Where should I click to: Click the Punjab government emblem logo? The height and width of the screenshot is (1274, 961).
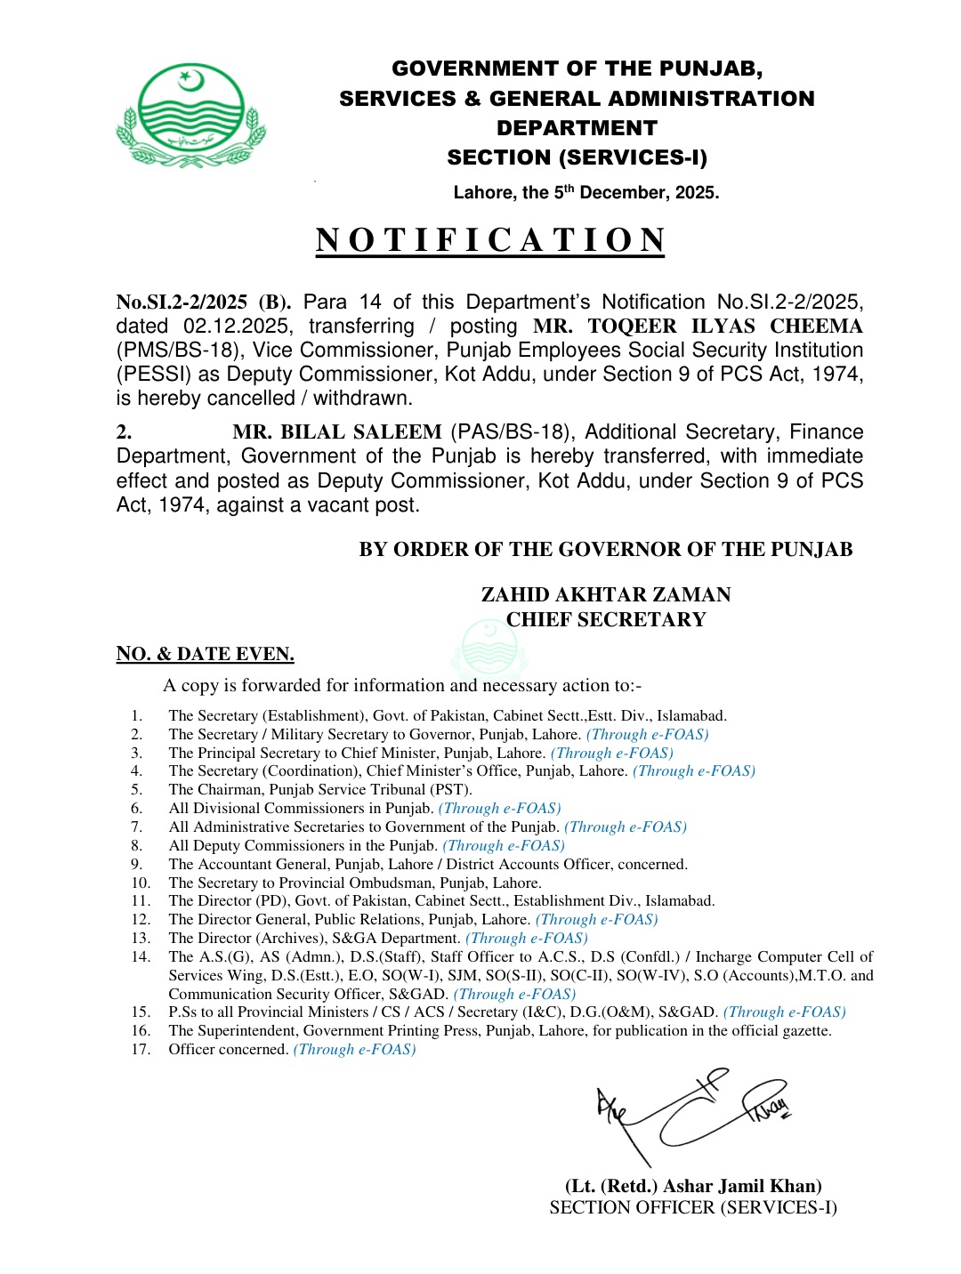(x=190, y=116)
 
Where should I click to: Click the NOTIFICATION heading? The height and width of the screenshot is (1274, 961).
(x=490, y=241)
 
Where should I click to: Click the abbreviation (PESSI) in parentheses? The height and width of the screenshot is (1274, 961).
(x=153, y=375)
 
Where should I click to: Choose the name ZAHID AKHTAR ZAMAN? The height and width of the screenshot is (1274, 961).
(x=606, y=594)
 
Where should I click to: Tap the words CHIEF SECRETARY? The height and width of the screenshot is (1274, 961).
(x=606, y=619)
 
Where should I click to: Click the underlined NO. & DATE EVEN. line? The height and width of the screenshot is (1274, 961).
(x=205, y=654)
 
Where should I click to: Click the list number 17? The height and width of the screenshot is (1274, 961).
(x=141, y=1050)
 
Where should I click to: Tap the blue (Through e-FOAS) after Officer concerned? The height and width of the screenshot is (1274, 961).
(x=354, y=1050)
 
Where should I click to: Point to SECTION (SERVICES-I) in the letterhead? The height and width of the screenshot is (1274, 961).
(x=577, y=157)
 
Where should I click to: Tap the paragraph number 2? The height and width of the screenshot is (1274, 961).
(x=125, y=432)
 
